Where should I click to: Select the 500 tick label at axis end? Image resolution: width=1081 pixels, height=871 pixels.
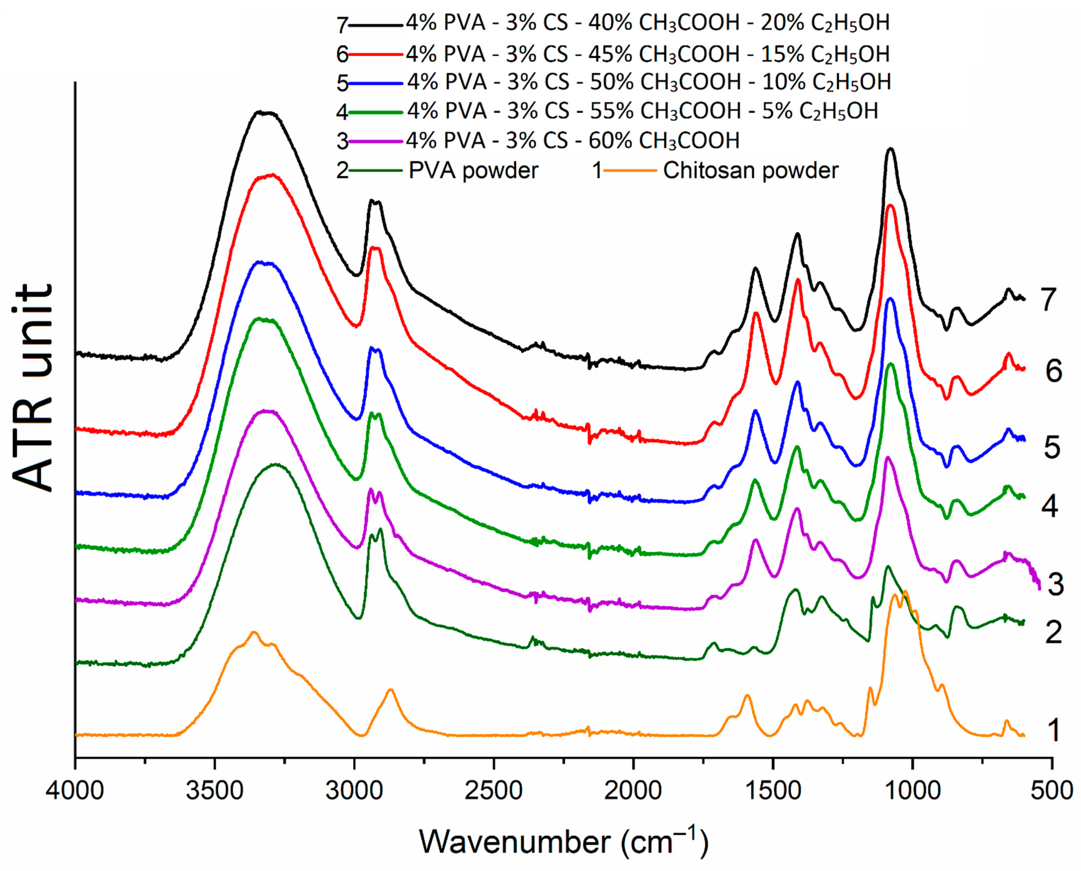pyautogui.click(x=1051, y=792)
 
